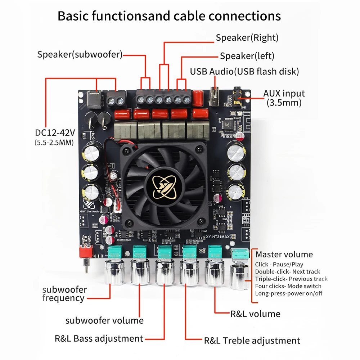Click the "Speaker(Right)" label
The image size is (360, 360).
[x=247, y=37]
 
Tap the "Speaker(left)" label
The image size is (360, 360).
[x=247, y=56]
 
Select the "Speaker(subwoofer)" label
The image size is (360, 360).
[x=80, y=55]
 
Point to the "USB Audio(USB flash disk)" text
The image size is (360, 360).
[x=244, y=71]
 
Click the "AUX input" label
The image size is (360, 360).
[x=284, y=94]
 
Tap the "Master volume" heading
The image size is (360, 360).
[x=284, y=255]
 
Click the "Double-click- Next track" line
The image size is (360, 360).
[x=288, y=272]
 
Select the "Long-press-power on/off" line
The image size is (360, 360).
[x=289, y=293]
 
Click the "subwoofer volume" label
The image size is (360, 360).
[x=104, y=320]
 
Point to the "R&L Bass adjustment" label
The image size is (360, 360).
[x=99, y=338]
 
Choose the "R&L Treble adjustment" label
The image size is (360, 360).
[x=252, y=341]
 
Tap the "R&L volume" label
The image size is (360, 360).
[x=255, y=314]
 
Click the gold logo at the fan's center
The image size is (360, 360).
[x=161, y=184]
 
